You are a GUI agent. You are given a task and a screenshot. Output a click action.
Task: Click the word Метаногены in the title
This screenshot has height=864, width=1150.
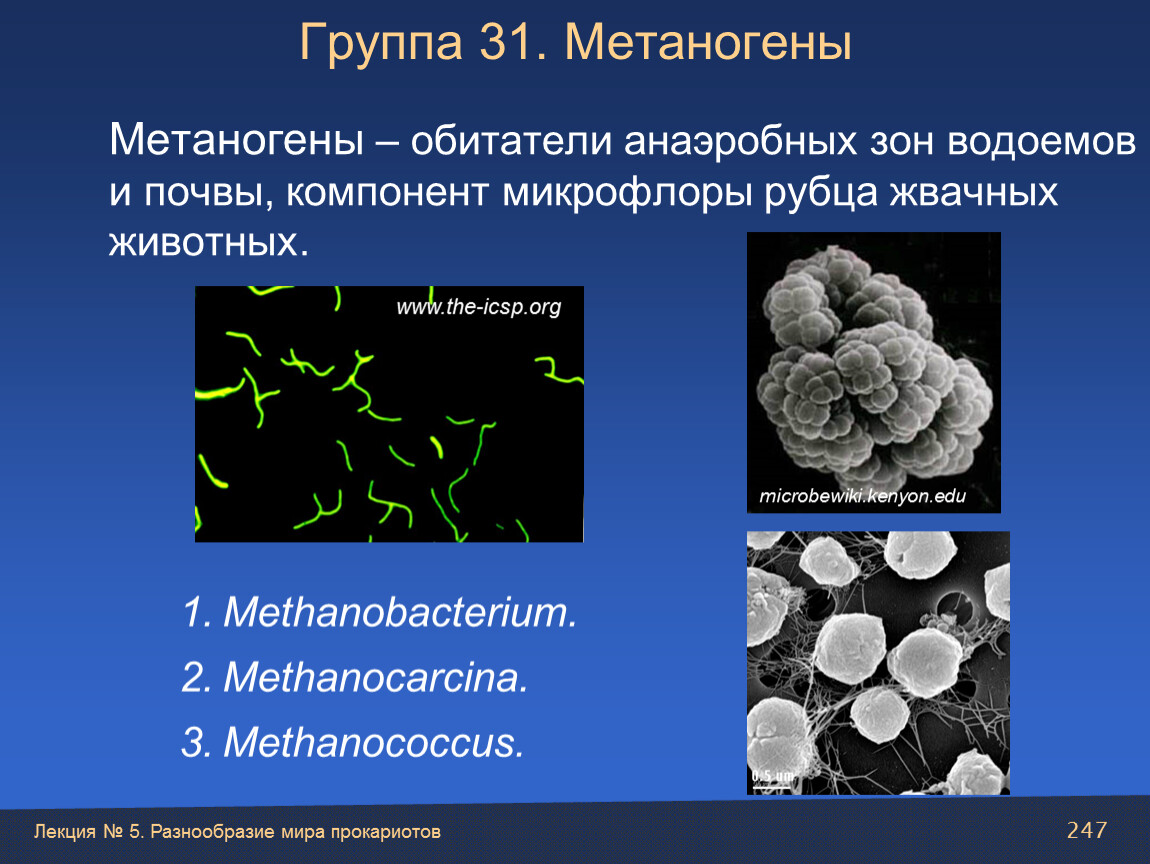(708, 42)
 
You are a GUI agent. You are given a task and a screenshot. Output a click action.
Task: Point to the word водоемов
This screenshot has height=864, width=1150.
(1041, 140)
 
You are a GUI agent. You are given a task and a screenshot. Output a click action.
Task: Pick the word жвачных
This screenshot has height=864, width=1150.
(974, 193)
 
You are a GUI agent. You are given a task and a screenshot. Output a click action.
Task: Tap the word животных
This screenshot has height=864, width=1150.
(208, 243)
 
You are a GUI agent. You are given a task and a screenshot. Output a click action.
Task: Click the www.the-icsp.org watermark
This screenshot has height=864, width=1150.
(479, 307)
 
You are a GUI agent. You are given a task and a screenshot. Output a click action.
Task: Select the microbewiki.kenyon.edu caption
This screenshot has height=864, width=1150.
(862, 496)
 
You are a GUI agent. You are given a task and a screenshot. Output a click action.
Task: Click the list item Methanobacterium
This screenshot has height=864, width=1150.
(380, 612)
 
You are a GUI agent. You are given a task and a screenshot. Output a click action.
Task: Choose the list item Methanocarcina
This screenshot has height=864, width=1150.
(355, 676)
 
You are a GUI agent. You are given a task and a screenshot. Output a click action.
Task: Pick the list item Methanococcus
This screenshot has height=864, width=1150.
(353, 742)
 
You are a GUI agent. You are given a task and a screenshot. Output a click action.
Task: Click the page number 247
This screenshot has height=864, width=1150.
(1087, 830)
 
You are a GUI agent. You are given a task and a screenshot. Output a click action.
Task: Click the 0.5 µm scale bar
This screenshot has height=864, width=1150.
(772, 788)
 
